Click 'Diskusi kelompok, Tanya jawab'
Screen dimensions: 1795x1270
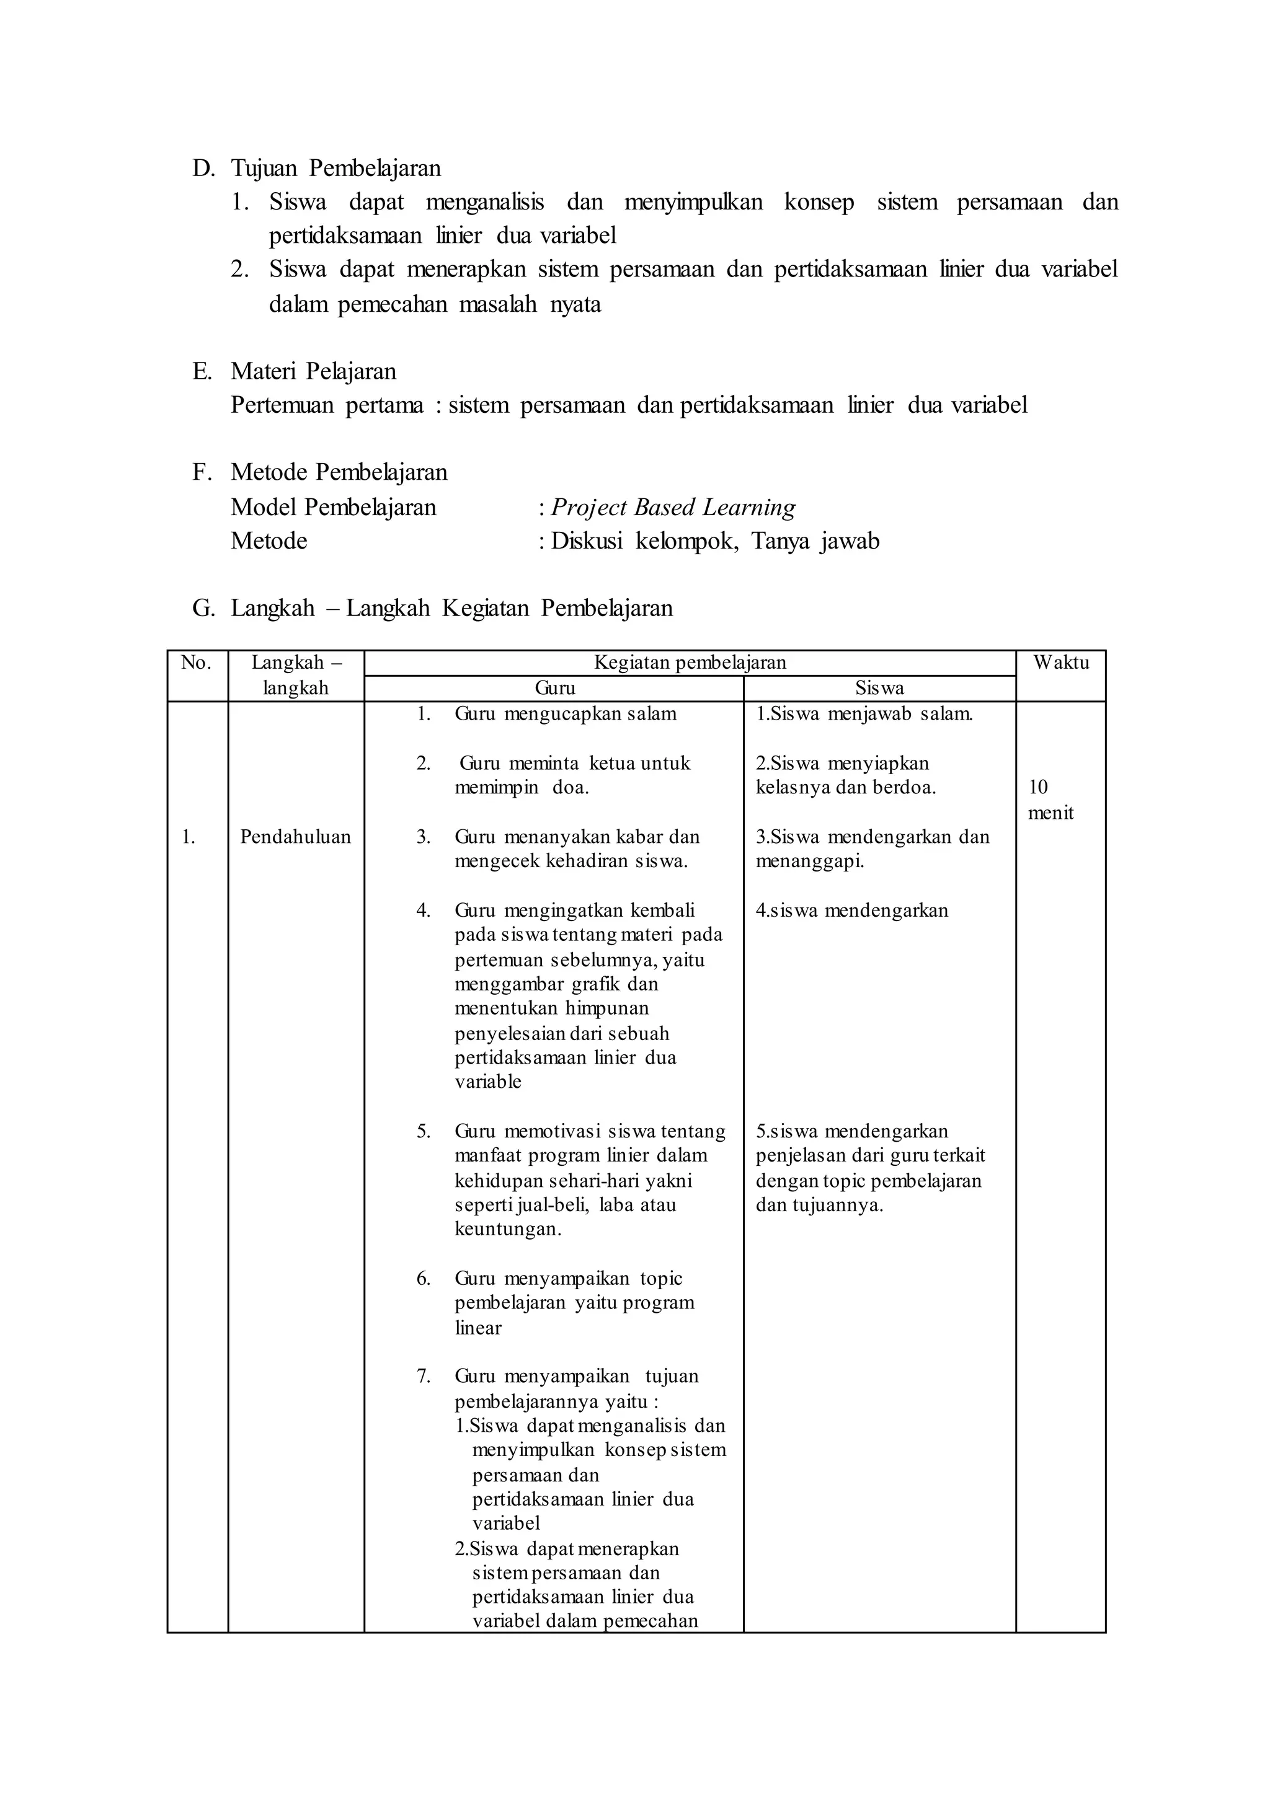point(715,541)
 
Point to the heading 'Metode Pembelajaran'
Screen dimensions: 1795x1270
point(339,472)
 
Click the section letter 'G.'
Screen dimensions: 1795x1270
point(203,608)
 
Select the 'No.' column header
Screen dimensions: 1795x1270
point(197,663)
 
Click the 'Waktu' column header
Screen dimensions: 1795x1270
point(1060,663)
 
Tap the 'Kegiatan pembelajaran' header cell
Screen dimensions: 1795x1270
point(689,663)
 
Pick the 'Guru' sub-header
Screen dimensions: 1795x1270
point(554,689)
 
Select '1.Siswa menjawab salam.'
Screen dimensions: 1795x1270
point(863,714)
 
